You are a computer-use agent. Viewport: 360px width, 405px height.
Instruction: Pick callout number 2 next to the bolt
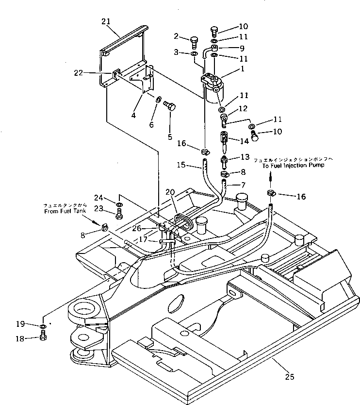click(178, 36)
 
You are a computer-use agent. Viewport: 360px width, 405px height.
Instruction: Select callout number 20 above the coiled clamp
click(170, 192)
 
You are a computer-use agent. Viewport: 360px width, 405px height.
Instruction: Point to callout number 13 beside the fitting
click(245, 157)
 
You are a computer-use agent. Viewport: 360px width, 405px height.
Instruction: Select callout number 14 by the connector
click(245, 140)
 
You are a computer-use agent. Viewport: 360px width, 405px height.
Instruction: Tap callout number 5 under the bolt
click(170, 137)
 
